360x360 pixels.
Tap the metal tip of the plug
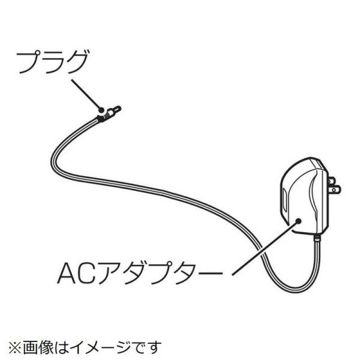coord(117,109)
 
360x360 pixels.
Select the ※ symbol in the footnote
coord(13,346)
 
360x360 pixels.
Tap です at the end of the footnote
coord(145,346)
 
